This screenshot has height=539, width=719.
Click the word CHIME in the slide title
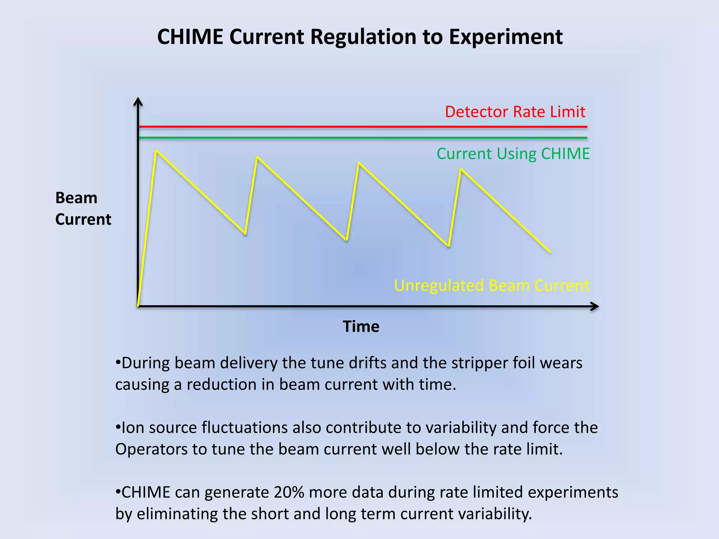(190, 37)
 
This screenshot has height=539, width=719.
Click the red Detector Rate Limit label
(515, 112)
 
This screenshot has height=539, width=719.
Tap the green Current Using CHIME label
(513, 154)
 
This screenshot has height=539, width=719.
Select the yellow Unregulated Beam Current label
(492, 286)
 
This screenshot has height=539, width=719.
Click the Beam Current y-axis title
(83, 208)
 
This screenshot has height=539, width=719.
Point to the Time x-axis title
(361, 327)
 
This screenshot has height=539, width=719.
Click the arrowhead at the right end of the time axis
(595, 306)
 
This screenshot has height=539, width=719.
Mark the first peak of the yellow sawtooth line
(156, 151)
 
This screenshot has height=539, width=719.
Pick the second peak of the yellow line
(257, 157)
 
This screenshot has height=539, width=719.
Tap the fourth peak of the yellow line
(461, 169)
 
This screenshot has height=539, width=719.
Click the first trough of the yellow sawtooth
(245, 234)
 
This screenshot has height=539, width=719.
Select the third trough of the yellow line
(449, 246)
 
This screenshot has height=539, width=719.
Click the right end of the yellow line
(550, 252)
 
